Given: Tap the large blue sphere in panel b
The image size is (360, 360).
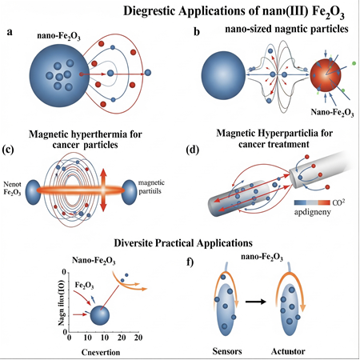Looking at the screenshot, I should [231, 86].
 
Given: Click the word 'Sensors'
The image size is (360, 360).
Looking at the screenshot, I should [224, 350].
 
